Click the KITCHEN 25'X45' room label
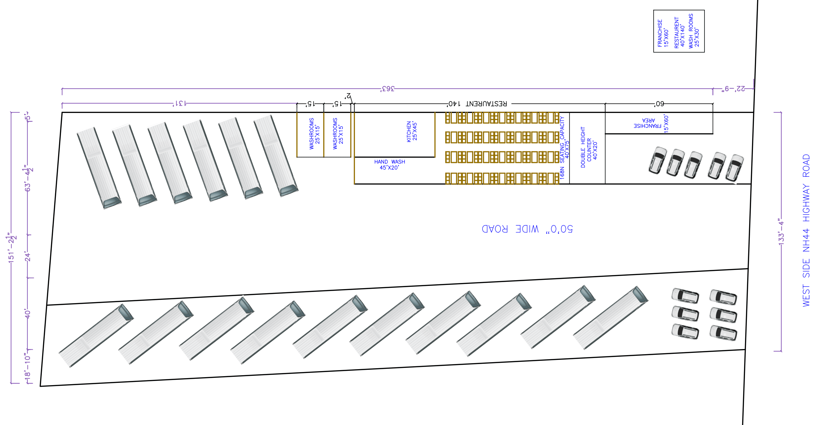point(412,131)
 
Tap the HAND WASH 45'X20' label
point(389,165)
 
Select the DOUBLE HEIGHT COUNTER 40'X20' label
point(589,147)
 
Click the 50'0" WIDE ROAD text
point(527,229)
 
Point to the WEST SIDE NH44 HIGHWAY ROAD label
point(806,230)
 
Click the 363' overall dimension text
point(387,88)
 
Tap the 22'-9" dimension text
point(733,88)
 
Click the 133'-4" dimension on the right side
point(781,232)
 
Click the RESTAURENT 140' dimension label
point(478,104)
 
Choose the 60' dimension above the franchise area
point(659,104)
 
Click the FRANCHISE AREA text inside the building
point(647,123)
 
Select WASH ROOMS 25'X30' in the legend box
point(694,31)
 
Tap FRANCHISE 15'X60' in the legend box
point(663,34)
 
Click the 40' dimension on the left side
point(28,314)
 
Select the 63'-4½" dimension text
point(28,179)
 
